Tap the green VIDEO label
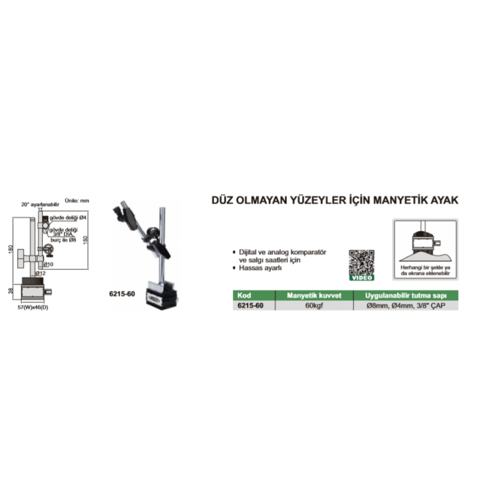[x=361, y=277]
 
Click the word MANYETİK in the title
[x=390, y=198]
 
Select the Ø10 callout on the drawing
[x=48, y=263]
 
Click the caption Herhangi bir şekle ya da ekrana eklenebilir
[x=424, y=268]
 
